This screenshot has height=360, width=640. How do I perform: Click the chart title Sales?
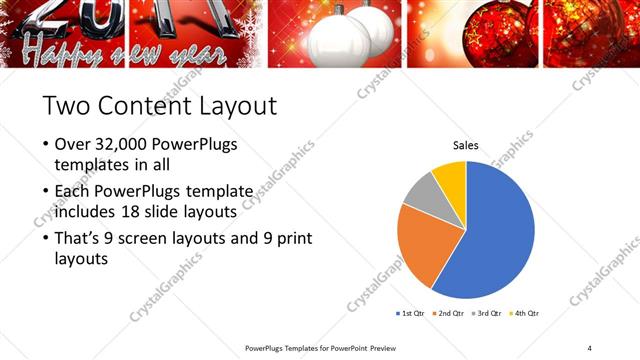[x=466, y=146]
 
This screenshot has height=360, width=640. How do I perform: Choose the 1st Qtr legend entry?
[x=410, y=313]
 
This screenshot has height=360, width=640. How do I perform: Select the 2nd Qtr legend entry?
[x=447, y=313]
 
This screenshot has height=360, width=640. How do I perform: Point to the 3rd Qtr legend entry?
[x=486, y=313]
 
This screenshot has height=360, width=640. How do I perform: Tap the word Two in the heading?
[x=65, y=105]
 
